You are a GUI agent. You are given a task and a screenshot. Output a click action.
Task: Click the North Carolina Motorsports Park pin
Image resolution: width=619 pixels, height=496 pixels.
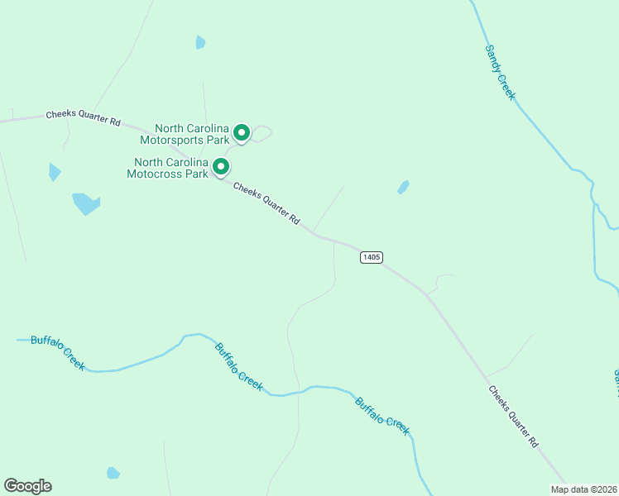click(242, 132)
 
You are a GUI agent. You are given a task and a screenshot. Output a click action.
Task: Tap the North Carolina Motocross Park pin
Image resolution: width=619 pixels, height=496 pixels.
click(221, 167)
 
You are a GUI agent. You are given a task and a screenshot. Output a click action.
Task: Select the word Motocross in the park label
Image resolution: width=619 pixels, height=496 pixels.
click(167, 174)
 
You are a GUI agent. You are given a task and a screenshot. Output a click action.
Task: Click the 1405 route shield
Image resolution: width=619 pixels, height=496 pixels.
click(371, 257)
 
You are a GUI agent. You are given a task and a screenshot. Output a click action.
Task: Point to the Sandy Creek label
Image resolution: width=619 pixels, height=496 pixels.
click(500, 73)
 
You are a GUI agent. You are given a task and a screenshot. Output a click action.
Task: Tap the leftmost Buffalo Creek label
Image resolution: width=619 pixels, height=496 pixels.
click(58, 352)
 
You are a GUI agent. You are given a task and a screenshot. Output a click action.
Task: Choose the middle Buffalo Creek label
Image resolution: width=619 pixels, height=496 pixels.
click(238, 366)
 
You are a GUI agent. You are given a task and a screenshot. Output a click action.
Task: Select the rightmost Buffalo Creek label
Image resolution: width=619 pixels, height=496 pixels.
click(382, 416)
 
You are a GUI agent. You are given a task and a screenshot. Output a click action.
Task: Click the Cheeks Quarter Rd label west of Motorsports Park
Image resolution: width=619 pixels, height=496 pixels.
click(83, 118)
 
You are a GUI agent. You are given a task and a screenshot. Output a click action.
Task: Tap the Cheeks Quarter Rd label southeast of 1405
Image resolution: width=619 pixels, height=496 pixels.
click(513, 416)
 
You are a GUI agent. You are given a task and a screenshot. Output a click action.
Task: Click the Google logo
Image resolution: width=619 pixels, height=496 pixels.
click(27, 486)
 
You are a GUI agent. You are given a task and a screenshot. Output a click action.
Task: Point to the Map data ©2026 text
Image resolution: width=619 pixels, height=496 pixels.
click(583, 489)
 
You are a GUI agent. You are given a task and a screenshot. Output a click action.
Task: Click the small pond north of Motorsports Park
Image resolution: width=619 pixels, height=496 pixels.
click(200, 42)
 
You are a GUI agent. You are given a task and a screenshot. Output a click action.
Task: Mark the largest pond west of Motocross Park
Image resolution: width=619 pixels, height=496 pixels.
click(85, 203)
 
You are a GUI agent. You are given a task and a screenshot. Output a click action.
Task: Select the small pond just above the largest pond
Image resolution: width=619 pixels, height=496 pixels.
click(55, 172)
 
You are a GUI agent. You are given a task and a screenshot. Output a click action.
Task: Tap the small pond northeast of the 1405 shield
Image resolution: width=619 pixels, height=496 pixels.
click(403, 187)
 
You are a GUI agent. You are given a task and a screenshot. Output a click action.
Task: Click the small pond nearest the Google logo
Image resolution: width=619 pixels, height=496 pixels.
click(113, 473)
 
